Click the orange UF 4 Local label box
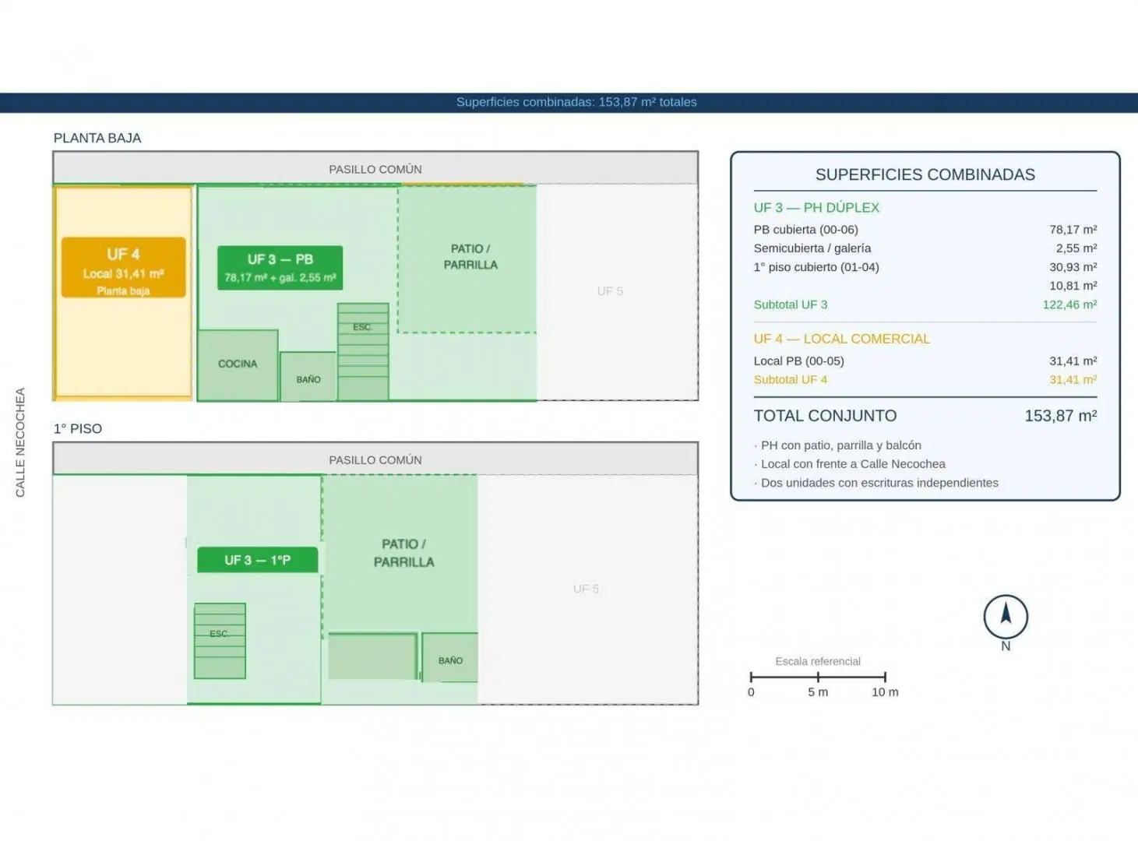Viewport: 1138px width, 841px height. (123, 267)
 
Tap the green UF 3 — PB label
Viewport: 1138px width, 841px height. (280, 268)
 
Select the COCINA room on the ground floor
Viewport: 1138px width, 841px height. (238, 365)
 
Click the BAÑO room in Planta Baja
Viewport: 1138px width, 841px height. (308, 376)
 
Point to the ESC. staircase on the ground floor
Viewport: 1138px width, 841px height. (363, 351)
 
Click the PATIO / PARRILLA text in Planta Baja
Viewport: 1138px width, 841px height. (470, 256)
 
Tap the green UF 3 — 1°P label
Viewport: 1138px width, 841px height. (258, 560)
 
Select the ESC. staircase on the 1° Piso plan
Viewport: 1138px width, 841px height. (220, 641)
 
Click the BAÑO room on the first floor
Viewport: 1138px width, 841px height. (450, 657)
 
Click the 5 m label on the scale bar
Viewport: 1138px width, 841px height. (818, 692)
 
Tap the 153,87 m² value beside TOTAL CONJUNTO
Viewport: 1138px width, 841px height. (1061, 416)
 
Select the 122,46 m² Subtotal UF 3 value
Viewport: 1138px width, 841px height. (1069, 304)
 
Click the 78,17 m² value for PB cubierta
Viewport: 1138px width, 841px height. (1073, 230)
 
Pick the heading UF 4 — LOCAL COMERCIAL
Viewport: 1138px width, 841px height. (841, 340)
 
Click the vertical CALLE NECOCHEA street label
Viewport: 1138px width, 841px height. (20, 442)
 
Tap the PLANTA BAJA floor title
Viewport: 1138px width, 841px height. (97, 138)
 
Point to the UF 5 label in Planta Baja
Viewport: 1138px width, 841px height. (610, 291)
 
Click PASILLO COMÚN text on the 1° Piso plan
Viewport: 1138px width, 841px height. (375, 460)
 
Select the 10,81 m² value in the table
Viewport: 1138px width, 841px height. (1073, 286)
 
